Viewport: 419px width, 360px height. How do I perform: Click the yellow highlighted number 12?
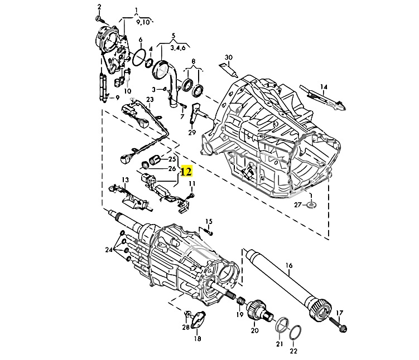186,171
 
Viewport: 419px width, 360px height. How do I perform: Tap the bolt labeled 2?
100,20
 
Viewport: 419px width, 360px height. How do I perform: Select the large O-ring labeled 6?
139,57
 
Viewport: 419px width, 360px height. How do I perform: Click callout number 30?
229,57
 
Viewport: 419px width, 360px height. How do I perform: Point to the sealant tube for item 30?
229,70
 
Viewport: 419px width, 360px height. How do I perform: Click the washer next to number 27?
311,205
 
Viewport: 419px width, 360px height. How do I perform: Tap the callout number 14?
324,87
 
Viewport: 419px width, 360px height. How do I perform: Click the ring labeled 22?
295,333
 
